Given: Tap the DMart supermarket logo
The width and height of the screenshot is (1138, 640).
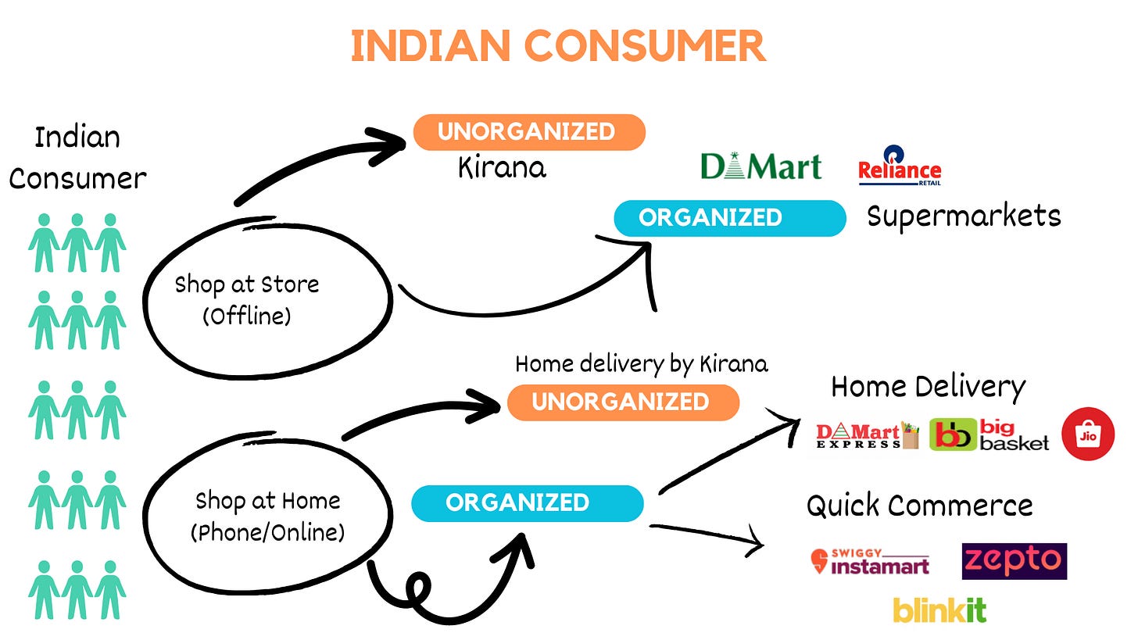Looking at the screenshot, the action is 760,166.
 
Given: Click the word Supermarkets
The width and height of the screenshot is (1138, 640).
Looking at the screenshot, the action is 964,216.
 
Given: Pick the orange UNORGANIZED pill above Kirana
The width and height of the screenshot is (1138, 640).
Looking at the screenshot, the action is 529,132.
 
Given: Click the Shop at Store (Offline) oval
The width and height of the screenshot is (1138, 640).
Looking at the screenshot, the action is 266,297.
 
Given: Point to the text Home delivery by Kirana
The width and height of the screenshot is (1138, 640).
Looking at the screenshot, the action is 641,364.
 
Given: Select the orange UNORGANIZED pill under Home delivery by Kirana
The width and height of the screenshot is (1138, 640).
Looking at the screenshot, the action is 623,402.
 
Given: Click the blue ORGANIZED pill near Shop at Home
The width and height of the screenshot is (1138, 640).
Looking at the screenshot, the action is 528,502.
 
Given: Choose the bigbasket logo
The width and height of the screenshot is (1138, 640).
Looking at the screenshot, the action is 989,435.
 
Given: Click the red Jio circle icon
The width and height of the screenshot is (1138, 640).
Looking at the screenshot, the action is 1087,434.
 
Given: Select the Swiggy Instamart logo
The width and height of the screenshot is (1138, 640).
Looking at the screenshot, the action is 870,562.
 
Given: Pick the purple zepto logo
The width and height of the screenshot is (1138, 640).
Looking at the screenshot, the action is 1014,561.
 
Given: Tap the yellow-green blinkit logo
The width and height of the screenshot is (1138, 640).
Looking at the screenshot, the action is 939,610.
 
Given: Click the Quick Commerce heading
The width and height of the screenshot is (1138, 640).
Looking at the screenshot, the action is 919,506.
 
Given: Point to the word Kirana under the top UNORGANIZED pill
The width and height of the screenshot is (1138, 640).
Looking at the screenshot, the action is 502,167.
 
